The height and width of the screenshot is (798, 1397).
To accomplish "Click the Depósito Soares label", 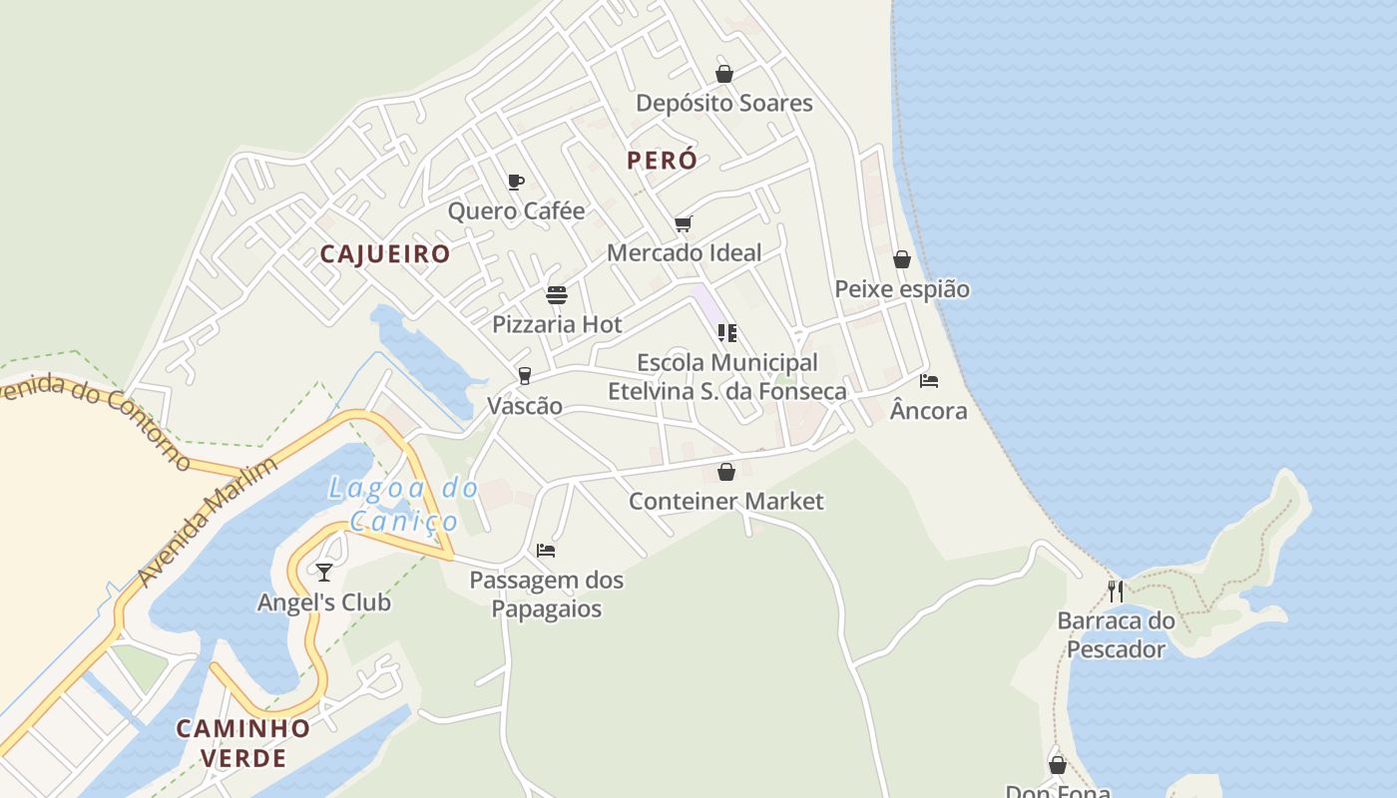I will tap(723, 103).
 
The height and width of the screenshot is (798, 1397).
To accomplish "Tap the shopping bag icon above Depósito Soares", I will tap(724, 74).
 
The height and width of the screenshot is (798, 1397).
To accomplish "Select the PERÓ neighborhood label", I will tap(662, 160).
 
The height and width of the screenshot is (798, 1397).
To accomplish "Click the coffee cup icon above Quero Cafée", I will tap(515, 182).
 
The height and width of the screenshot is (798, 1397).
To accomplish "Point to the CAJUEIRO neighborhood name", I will tap(385, 253).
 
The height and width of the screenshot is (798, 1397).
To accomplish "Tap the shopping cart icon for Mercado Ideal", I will tap(683, 223).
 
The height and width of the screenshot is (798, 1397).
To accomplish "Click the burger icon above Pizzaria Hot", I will tap(557, 295).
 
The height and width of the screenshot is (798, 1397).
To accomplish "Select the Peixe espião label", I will tap(902, 289).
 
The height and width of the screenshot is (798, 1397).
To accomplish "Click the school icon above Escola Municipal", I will tap(726, 333).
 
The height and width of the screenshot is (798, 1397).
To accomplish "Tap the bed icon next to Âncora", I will tap(929, 381).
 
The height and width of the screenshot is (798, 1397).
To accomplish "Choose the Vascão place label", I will tap(525, 406).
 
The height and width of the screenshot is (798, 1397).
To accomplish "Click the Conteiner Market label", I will tap(726, 501).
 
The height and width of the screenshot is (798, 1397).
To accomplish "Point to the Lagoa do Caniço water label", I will tap(404, 505).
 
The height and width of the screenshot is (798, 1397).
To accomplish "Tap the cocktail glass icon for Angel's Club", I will tap(324, 572).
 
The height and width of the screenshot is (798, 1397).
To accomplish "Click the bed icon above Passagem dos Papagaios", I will tap(545, 550).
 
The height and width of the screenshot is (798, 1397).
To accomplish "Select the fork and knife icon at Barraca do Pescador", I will tap(1115, 591).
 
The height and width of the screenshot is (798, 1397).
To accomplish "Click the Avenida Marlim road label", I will tap(208, 523).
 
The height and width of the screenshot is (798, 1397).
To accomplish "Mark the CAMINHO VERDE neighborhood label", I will tap(243, 742).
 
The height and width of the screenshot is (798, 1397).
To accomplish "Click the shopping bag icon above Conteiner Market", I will tap(726, 472).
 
